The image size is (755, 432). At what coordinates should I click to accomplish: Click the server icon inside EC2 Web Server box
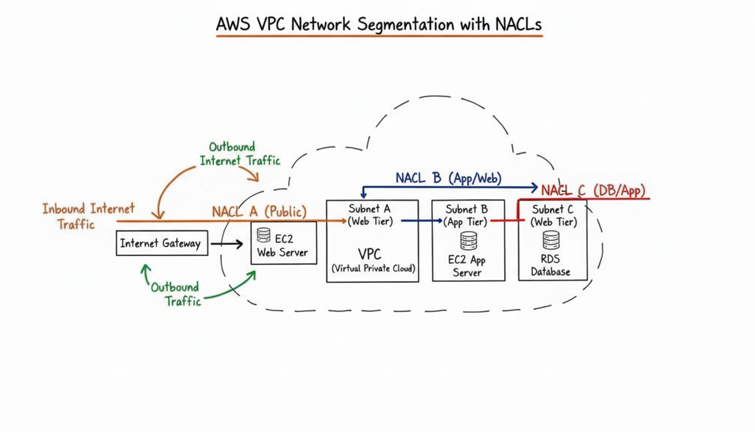(263, 235)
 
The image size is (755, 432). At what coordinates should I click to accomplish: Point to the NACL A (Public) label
(260, 211)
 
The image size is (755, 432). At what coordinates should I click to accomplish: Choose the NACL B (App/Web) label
(448, 178)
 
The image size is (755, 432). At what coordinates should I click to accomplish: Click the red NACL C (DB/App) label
(593, 191)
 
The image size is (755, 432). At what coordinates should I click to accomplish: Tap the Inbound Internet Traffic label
(88, 216)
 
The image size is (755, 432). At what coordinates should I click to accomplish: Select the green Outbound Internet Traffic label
(240, 154)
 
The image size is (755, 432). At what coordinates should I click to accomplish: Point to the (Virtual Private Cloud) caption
(374, 268)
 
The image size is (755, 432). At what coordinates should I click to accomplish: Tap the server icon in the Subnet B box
(468, 241)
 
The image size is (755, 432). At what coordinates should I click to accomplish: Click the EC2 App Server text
(467, 266)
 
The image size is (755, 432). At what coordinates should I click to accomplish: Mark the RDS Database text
(551, 265)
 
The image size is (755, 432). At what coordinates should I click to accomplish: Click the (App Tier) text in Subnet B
(466, 222)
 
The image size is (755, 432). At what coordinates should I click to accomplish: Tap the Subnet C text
(552, 209)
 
